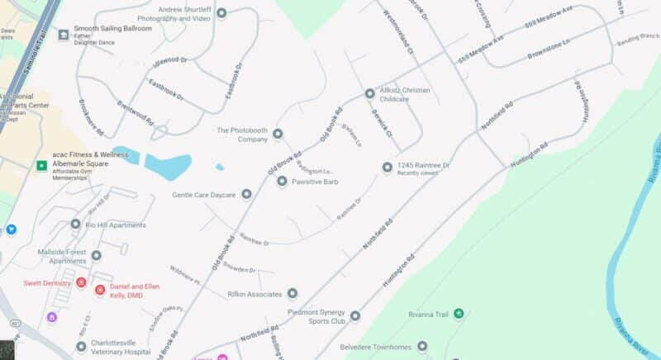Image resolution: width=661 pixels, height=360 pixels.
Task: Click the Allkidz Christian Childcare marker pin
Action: coord(369,93)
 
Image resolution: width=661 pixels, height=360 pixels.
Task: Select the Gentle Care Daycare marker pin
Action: coord(245,194)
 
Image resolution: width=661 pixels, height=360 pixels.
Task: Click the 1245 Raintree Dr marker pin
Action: coord(387,168)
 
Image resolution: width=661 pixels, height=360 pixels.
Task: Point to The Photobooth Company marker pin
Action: coord(278,134)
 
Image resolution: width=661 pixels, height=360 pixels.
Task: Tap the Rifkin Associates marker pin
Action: coord(292,294)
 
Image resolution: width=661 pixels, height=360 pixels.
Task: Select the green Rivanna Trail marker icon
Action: coord(459,314)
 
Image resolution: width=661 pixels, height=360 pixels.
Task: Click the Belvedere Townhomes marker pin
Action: coord(422,346)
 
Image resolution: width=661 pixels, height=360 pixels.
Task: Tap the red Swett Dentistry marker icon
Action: coord(81,282)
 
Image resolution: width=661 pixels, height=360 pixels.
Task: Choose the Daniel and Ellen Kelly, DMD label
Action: coord(135,290)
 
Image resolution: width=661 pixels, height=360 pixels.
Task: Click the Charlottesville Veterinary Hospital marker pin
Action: coord(81,347)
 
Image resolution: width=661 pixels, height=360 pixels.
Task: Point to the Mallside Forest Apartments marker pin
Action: coord(96,256)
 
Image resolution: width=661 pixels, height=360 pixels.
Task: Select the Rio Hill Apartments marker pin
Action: coord(76,225)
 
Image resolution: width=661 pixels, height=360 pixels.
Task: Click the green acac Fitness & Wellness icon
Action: coord(40,166)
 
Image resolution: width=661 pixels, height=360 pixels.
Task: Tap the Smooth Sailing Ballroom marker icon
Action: coord(64,35)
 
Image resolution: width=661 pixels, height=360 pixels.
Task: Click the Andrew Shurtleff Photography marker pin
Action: coord(221,13)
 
